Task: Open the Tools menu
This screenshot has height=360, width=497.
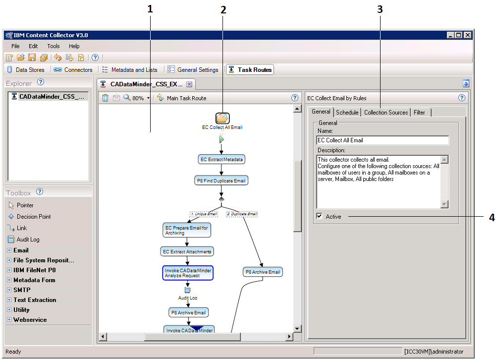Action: (x=54, y=46)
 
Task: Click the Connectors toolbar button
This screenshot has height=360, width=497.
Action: (x=73, y=70)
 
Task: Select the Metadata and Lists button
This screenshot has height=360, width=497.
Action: (x=130, y=70)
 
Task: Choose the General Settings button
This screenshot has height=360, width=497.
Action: (x=193, y=70)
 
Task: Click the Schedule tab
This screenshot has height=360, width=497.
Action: (x=347, y=113)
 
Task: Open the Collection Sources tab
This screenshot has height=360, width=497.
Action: (x=386, y=113)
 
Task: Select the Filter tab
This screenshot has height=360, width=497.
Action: (x=419, y=113)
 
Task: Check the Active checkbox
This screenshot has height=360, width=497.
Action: (x=320, y=216)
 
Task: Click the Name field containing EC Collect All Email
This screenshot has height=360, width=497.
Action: (x=382, y=140)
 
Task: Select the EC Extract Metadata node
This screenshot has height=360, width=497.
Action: (x=221, y=159)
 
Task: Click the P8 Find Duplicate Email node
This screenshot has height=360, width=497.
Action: (x=221, y=180)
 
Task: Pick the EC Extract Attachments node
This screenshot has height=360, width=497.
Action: (x=187, y=251)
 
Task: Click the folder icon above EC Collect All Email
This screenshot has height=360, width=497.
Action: (x=222, y=118)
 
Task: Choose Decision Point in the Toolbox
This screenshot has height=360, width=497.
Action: (x=33, y=217)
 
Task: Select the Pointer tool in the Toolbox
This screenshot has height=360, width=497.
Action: (x=25, y=205)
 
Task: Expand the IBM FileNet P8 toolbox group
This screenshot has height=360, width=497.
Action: (x=9, y=270)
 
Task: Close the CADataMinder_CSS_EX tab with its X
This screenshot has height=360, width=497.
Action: (x=189, y=84)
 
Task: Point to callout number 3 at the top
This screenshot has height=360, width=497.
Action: (x=380, y=9)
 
